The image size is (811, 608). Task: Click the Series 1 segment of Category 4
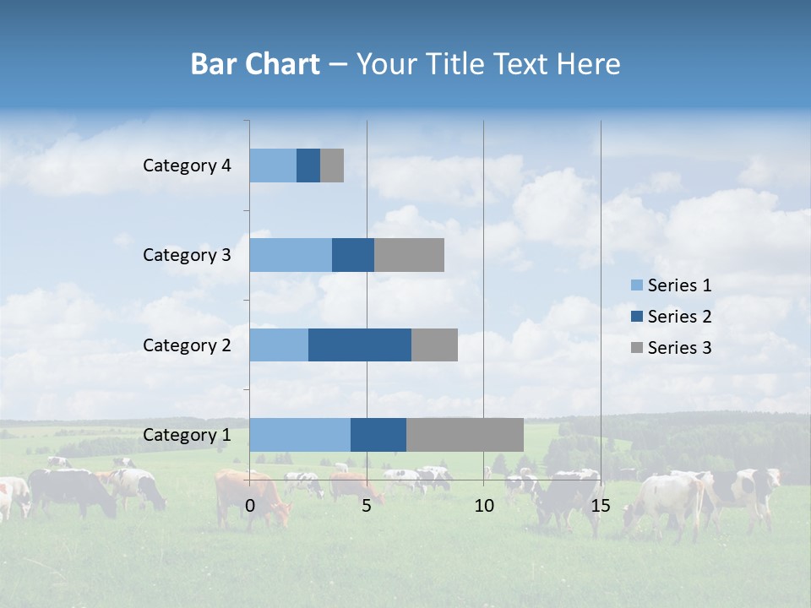click(273, 166)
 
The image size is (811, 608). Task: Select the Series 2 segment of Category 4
click(308, 166)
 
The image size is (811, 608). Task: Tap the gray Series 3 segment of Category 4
click(332, 166)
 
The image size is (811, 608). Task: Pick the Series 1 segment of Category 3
click(291, 255)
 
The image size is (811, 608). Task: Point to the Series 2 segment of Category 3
click(353, 255)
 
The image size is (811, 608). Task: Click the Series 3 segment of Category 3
click(409, 255)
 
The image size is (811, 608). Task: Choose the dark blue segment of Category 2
click(360, 345)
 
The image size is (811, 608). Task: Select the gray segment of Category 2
click(434, 345)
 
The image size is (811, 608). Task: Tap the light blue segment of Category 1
click(300, 434)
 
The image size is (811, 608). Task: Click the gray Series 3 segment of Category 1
click(465, 434)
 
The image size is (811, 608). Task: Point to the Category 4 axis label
click(187, 166)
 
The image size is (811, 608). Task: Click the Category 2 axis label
click(187, 345)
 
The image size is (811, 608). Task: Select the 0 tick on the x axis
click(250, 506)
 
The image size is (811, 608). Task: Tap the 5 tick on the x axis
click(367, 506)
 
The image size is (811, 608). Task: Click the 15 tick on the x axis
click(601, 506)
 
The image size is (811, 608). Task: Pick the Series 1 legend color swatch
click(636, 285)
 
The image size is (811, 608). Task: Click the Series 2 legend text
click(679, 317)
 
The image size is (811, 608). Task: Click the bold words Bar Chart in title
click(255, 64)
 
